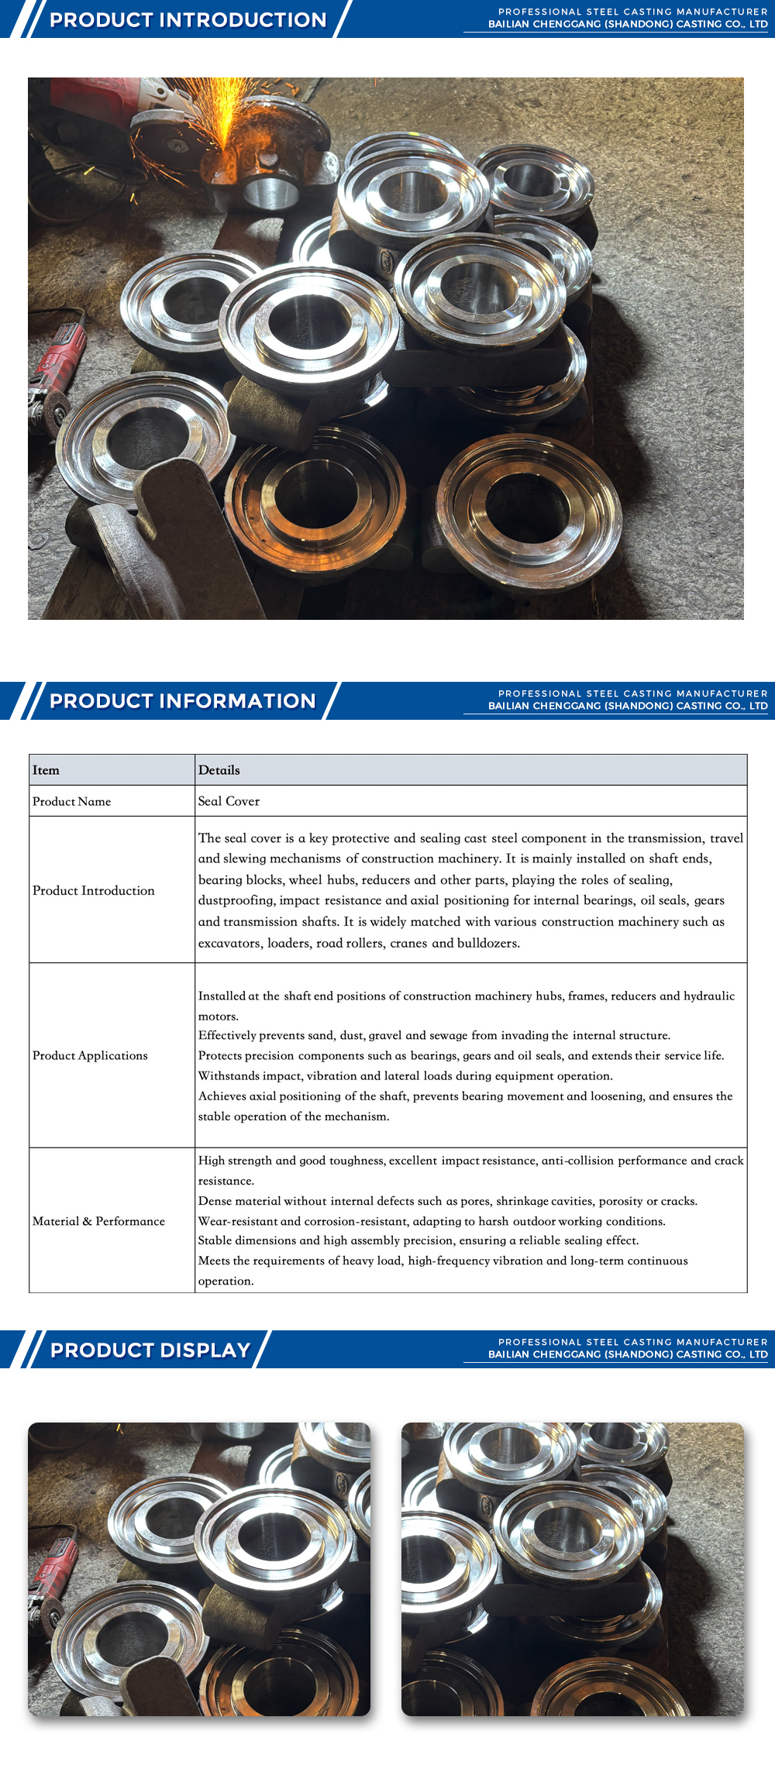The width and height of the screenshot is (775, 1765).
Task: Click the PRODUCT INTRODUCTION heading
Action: pyautogui.click(x=188, y=20)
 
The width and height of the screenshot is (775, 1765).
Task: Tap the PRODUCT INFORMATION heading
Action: pyautogui.click(x=183, y=701)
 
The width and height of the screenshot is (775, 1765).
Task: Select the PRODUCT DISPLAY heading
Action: pyautogui.click(x=150, y=1350)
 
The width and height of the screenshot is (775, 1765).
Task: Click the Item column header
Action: pyautogui.click(x=46, y=770)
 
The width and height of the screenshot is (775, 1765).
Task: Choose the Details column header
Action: pyautogui.click(x=219, y=770)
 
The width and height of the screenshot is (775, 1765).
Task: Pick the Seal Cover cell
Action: pyautogui.click(x=229, y=801)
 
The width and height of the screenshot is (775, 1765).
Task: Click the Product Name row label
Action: pyautogui.click(x=71, y=801)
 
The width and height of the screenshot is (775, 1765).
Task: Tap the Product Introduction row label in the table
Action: pyautogui.click(x=93, y=890)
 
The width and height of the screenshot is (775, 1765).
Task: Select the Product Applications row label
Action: pyautogui.click(x=90, y=1055)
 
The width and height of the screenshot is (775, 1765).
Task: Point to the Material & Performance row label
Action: pyautogui.click(x=98, y=1221)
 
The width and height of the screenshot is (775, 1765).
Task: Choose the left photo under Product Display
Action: pyautogui.click(x=199, y=1569)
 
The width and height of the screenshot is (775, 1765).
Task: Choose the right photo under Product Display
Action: pyautogui.click(x=572, y=1569)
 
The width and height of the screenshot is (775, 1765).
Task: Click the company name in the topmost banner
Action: pyautogui.click(x=628, y=25)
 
